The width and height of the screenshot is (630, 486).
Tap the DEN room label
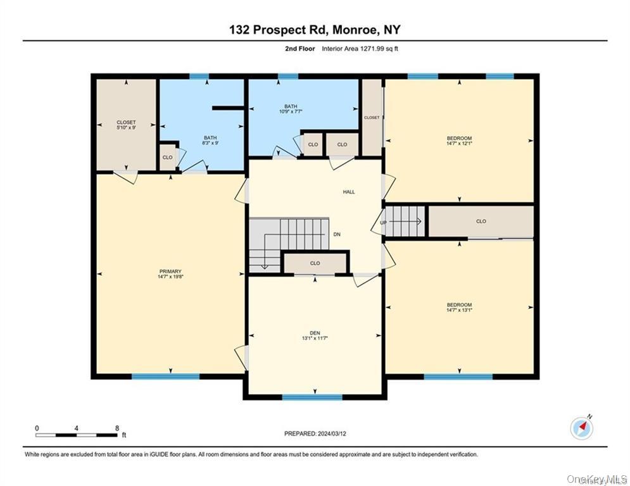(x=315, y=333)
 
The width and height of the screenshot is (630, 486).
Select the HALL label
(x=349, y=191)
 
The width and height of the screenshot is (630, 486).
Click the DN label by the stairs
(x=337, y=234)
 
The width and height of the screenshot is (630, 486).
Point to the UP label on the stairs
(x=383, y=223)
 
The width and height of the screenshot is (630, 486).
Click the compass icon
(x=581, y=428)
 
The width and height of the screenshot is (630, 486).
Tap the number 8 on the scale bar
(x=117, y=428)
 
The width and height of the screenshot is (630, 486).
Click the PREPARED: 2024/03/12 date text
(x=315, y=433)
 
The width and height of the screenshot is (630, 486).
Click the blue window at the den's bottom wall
(x=312, y=397)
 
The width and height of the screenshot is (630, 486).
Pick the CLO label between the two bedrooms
(x=481, y=221)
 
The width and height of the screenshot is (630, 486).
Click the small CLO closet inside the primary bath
(x=167, y=157)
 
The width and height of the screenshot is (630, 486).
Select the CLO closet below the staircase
(x=315, y=263)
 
